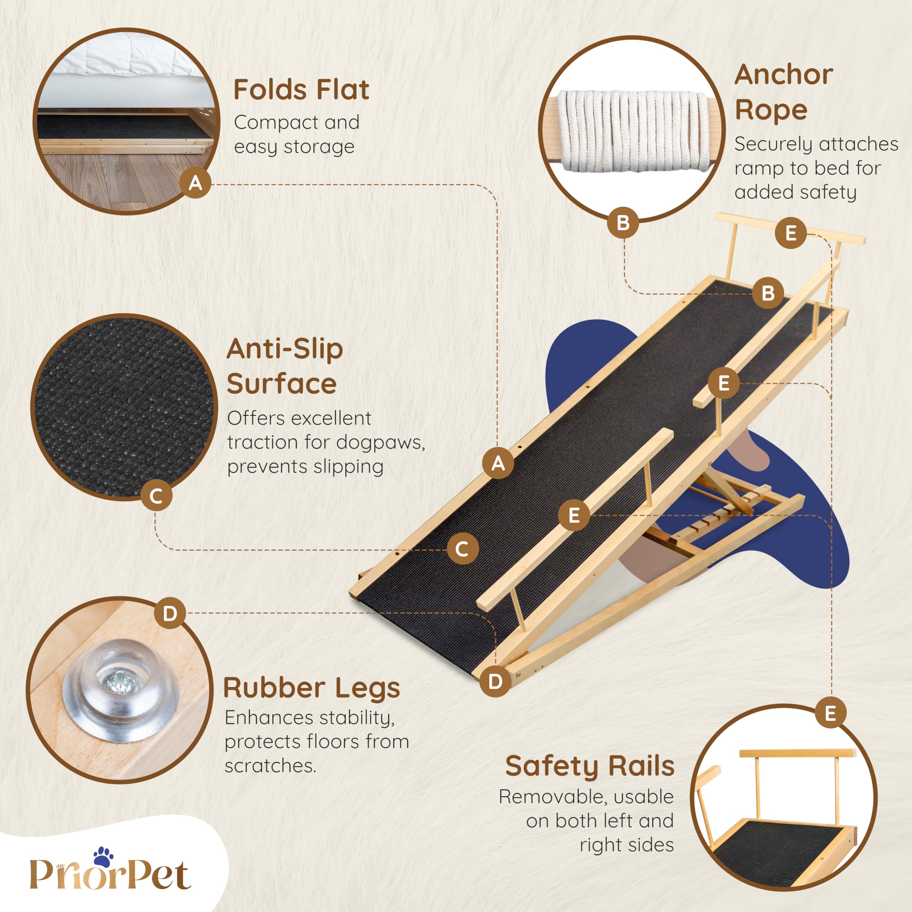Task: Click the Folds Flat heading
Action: tap(301, 90)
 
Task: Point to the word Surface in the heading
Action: tap(281, 384)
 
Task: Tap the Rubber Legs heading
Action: tap(312, 688)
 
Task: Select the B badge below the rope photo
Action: tap(623, 222)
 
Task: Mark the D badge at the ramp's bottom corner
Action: tap(495, 681)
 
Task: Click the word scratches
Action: tap(270, 766)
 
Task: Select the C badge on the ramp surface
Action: tap(462, 549)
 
